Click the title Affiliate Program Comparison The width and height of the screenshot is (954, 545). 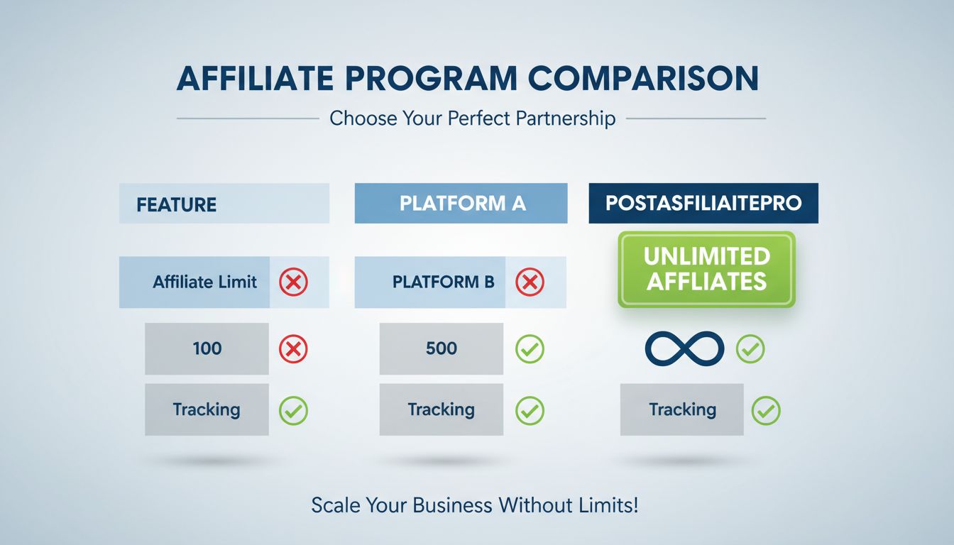coord(467,78)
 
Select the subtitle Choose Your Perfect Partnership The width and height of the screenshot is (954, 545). coord(472,118)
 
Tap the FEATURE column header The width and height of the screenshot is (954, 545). coord(177,204)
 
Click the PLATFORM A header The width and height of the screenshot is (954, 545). coord(462,204)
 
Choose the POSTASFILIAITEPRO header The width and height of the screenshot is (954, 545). coord(703,203)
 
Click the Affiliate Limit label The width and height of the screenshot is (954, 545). coord(204,282)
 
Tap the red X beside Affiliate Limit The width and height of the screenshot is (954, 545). coord(293,282)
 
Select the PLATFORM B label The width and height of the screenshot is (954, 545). coord(443,282)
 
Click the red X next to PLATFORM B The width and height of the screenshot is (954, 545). coord(530,282)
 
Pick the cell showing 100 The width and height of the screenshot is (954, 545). coord(207,348)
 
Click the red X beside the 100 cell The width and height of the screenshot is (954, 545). coord(293,348)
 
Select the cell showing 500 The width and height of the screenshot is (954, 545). coord(441,348)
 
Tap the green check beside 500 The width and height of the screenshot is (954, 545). coord(530,348)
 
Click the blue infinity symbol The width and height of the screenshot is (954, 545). coord(684,348)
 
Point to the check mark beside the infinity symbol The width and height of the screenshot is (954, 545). coord(750,348)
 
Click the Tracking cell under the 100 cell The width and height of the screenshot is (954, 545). coord(207,409)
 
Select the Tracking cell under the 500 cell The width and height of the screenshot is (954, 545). coord(441,409)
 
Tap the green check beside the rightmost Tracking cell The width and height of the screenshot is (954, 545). coord(766,409)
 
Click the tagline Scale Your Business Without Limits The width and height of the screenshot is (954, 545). coord(475,505)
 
